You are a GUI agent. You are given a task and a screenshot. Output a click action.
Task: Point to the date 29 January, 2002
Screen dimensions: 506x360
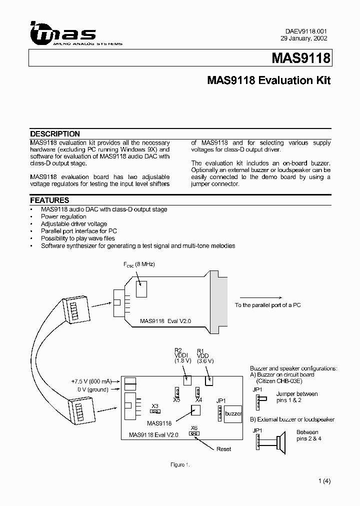click(304, 38)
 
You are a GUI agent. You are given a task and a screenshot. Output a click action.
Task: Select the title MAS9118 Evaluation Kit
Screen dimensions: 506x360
click(268, 80)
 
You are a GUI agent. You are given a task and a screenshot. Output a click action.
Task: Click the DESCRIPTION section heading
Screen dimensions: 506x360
click(55, 134)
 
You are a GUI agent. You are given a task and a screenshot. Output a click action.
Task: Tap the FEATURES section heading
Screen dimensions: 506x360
click(49, 200)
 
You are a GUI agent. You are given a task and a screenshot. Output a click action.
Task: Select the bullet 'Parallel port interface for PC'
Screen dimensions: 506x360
click(79, 231)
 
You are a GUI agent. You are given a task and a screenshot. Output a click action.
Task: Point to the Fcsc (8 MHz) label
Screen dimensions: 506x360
click(138, 264)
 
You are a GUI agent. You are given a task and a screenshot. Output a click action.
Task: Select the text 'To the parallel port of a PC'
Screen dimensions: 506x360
click(267, 305)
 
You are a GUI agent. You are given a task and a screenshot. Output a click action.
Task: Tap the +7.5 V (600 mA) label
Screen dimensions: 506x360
click(92, 381)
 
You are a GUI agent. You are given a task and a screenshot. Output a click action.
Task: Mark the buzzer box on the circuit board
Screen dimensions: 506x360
click(232, 414)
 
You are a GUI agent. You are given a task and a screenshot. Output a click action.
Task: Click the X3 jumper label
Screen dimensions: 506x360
click(155, 405)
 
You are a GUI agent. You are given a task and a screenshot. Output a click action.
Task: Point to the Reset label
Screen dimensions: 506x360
click(223, 449)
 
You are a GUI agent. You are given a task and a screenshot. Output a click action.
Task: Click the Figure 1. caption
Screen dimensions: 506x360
click(180, 465)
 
